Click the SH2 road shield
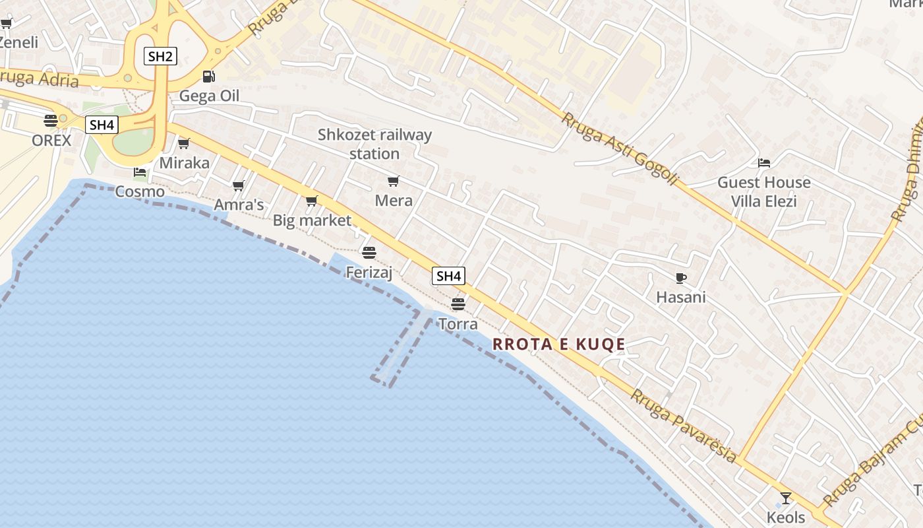[x=160, y=56]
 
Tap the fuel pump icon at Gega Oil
[x=208, y=77]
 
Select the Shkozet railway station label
[x=374, y=144]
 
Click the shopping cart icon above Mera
[x=394, y=181]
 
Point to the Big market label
[x=312, y=220]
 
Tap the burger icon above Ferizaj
[x=369, y=252]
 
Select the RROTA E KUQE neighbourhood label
[x=558, y=344]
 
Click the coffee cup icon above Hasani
[x=681, y=278]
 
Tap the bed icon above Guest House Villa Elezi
[x=764, y=162]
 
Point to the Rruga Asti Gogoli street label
[x=619, y=148]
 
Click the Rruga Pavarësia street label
[x=683, y=426]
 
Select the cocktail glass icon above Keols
[x=785, y=498]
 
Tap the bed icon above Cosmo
[x=140, y=173]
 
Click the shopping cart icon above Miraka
[x=184, y=143]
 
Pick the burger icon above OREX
[x=51, y=121]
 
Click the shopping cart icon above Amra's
[x=239, y=186]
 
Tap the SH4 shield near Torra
[x=448, y=276]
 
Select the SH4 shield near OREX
[x=102, y=125]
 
